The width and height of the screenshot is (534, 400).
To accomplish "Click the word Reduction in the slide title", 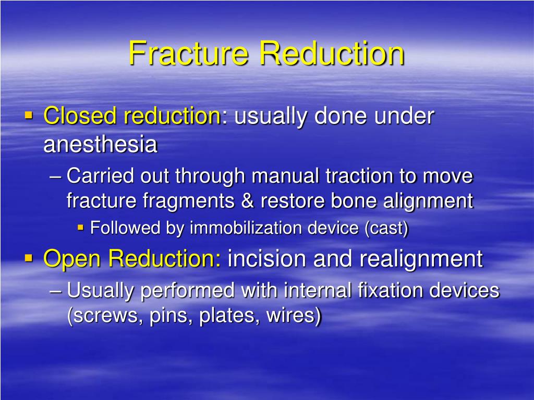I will (332, 54).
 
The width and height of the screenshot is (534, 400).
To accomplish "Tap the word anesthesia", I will (100, 145).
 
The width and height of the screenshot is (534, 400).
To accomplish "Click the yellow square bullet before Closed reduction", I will (29, 115).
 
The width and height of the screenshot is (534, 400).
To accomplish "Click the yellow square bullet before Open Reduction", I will (29, 257).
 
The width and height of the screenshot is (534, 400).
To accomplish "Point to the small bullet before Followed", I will (80, 227).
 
